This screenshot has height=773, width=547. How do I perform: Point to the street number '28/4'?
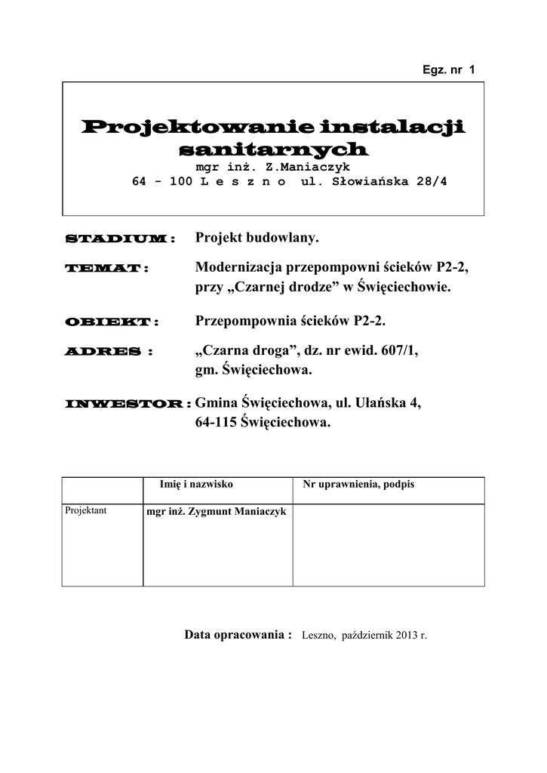431,182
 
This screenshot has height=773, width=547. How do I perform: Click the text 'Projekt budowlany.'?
257,239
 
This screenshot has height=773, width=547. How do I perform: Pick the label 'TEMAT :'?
106,269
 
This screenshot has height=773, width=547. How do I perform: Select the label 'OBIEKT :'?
112,322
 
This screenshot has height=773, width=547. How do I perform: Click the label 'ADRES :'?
109,352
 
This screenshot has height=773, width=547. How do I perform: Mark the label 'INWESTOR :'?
128,405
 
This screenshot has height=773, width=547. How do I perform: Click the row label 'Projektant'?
86,511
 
